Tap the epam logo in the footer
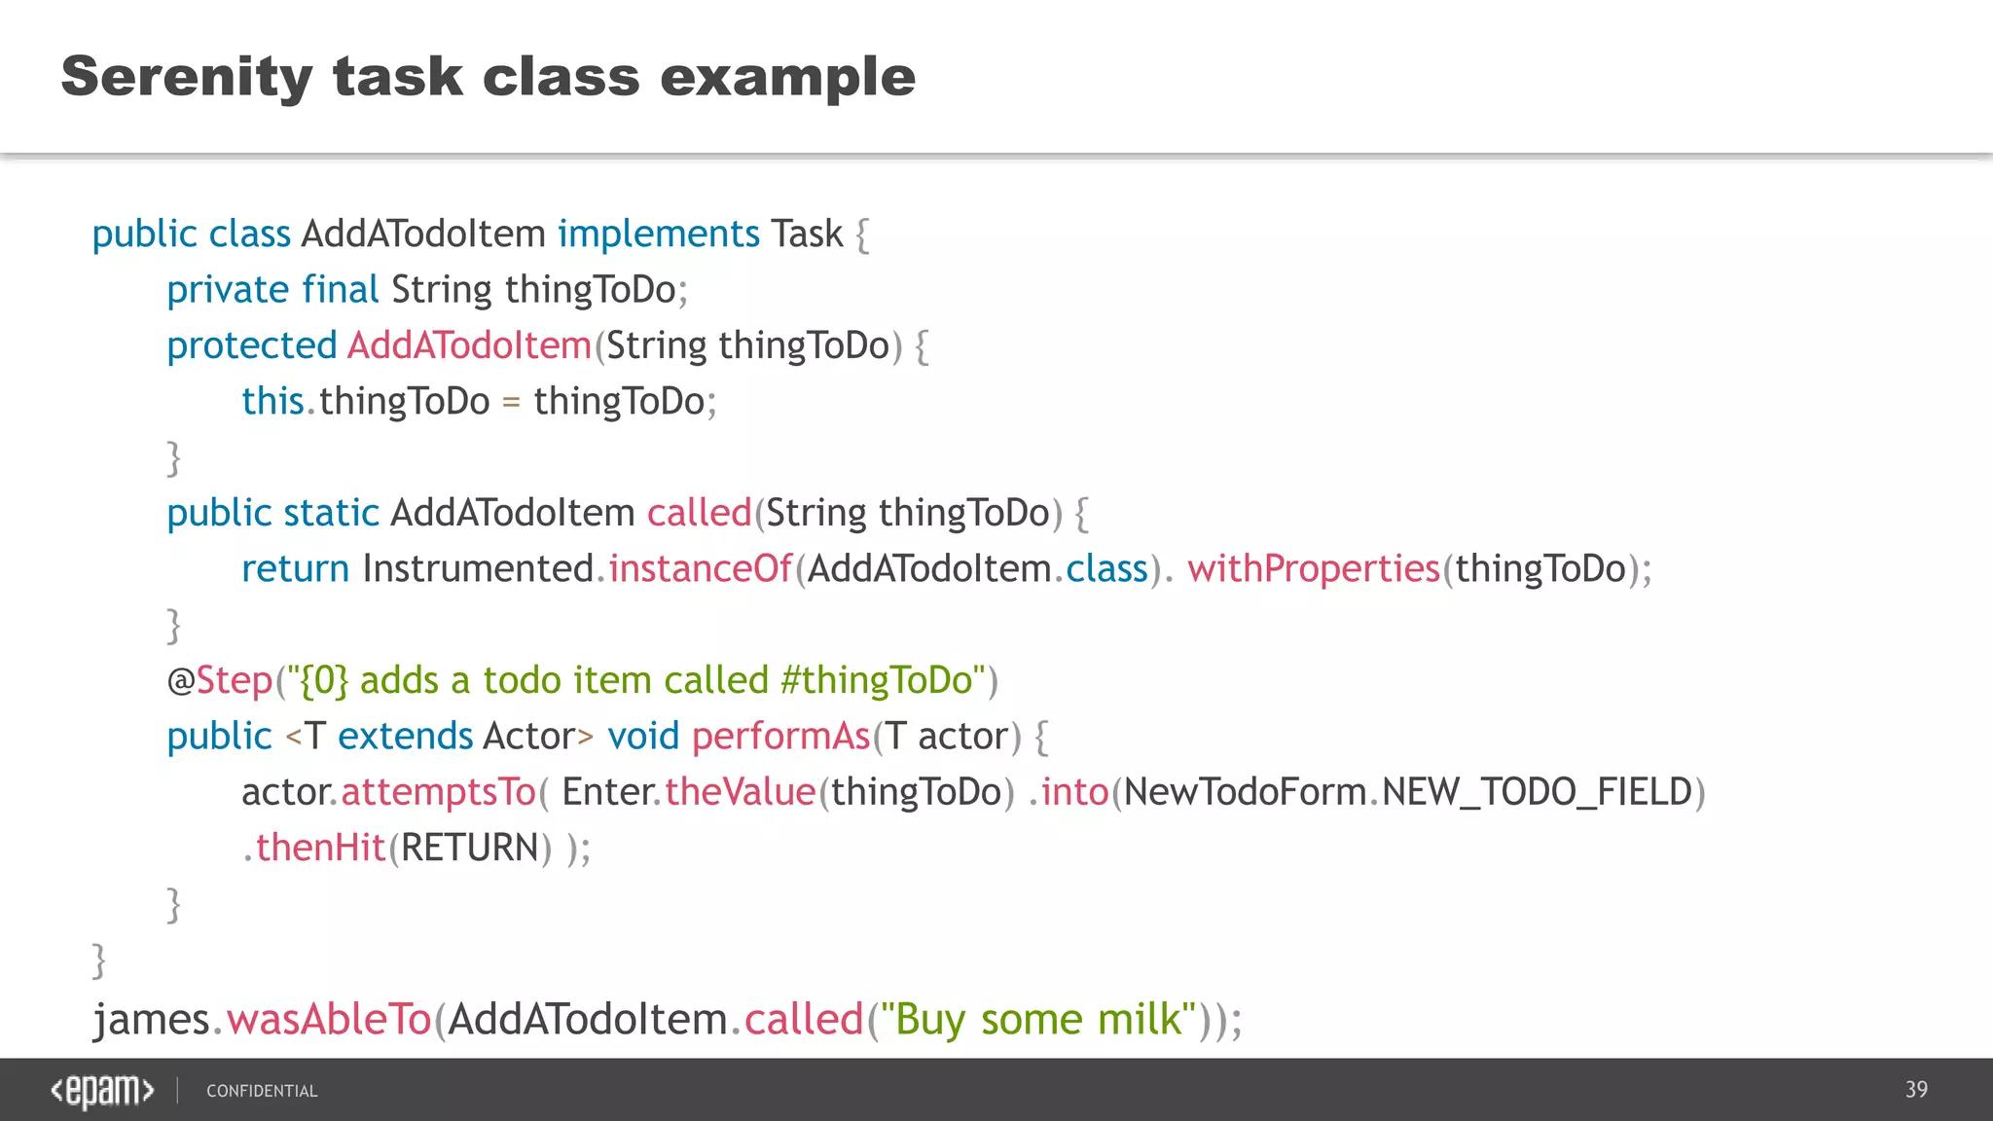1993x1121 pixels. click(x=102, y=1091)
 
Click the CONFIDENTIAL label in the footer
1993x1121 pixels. click(x=262, y=1092)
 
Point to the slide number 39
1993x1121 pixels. click(x=1916, y=1090)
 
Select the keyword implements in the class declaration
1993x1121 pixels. click(x=658, y=235)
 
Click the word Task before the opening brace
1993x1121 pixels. click(x=807, y=235)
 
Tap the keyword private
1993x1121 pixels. click(x=228, y=290)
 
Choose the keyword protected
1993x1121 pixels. click(x=251, y=345)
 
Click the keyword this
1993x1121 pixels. click(x=272, y=401)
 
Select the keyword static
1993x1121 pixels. click(x=331, y=513)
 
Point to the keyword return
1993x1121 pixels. click(x=295, y=568)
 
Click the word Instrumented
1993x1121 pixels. click(x=478, y=568)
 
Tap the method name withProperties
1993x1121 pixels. click(x=1313, y=568)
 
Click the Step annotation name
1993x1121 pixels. click(x=234, y=680)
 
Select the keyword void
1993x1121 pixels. click(x=642, y=737)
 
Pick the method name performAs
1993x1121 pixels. click(x=780, y=737)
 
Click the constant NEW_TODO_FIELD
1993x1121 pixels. click(x=1537, y=792)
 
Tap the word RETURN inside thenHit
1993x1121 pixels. click(x=469, y=848)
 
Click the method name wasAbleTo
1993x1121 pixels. click(x=329, y=1020)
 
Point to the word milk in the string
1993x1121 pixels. click(x=1139, y=1020)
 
